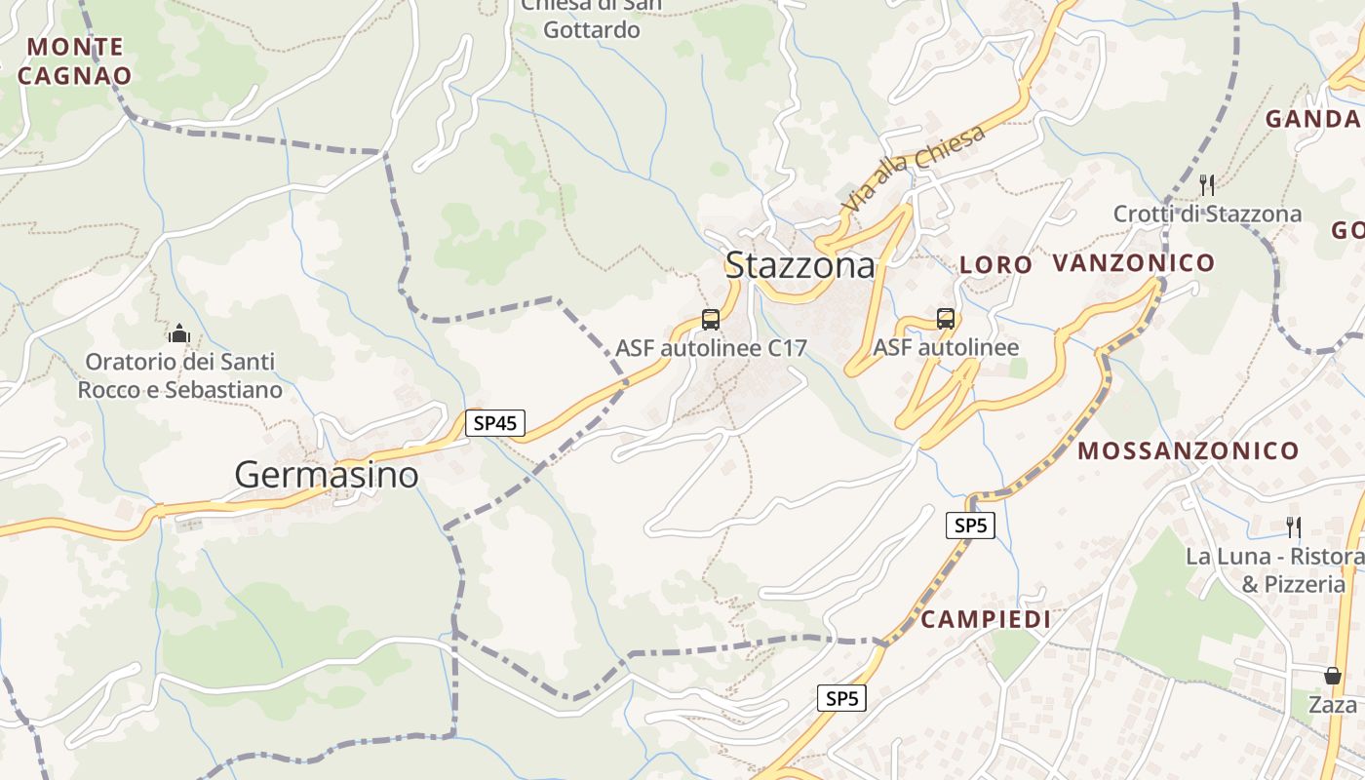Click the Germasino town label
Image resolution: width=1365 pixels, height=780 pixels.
pyautogui.click(x=327, y=475)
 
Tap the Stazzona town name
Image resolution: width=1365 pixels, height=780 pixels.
pyautogui.click(x=799, y=264)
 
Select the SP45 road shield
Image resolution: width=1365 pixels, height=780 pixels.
pyautogui.click(x=495, y=423)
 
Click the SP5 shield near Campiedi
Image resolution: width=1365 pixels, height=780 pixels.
pyautogui.click(x=841, y=698)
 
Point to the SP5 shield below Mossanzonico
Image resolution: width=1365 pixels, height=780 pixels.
pyautogui.click(x=971, y=526)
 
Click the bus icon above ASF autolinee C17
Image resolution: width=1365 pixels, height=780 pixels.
pyautogui.click(x=711, y=319)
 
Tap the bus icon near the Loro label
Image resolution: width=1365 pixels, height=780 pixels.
pyautogui.click(x=945, y=318)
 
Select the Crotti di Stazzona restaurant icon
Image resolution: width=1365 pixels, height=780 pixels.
pyautogui.click(x=1207, y=184)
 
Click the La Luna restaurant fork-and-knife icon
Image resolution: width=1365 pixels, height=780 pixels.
pyautogui.click(x=1293, y=527)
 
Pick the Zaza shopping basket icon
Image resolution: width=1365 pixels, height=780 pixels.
pyautogui.click(x=1332, y=676)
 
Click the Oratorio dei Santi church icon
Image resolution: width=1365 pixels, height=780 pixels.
pyautogui.click(x=178, y=333)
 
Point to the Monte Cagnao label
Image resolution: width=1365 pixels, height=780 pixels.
pyautogui.click(x=75, y=60)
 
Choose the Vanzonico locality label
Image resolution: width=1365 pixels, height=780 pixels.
pyautogui.click(x=1133, y=262)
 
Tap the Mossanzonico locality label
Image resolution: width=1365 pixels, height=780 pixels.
pyautogui.click(x=1188, y=450)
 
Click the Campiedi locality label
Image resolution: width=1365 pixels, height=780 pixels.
pyautogui.click(x=986, y=619)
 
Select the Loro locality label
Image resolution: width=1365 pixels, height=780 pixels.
pyautogui.click(x=995, y=264)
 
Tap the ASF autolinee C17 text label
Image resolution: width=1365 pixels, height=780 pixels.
pyautogui.click(x=711, y=348)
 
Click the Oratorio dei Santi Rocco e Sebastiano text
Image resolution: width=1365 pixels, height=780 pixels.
pyautogui.click(x=180, y=375)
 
